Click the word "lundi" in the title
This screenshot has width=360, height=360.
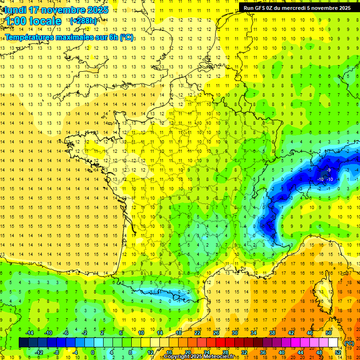click(x=15, y=9)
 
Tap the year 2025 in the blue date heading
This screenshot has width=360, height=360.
click(x=97, y=9)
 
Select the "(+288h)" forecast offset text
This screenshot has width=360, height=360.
click(x=83, y=21)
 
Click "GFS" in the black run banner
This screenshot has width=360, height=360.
click(x=262, y=7)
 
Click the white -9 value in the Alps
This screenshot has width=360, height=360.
click(x=330, y=170)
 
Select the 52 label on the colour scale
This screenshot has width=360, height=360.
click(x=338, y=352)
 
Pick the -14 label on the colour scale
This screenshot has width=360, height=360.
click(x=29, y=333)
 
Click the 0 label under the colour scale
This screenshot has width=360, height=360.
click(x=93, y=352)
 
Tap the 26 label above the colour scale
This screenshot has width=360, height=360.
click(x=216, y=333)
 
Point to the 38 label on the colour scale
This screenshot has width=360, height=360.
click(x=272, y=333)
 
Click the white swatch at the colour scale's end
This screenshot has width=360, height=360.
click(x=333, y=343)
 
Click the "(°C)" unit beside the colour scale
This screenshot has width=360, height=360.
click(x=349, y=343)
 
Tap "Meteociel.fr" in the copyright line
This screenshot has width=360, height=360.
click(x=219, y=357)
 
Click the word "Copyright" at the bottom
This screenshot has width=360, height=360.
click(x=179, y=357)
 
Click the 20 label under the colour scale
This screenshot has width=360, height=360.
click(x=187, y=352)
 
